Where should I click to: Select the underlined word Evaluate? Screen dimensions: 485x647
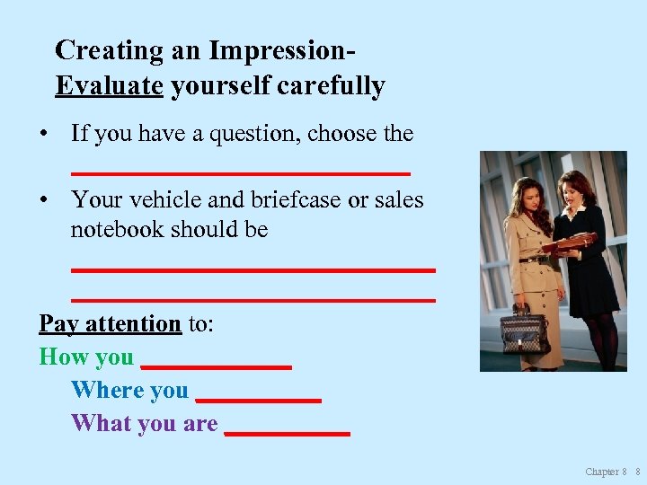tap(109, 86)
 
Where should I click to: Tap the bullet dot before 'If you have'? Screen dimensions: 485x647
tap(43, 135)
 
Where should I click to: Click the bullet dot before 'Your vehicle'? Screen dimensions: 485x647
tap(43, 200)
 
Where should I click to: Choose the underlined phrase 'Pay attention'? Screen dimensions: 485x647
tap(110, 323)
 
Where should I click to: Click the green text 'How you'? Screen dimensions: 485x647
tap(86, 357)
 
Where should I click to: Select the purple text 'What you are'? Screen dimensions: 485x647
tap(144, 423)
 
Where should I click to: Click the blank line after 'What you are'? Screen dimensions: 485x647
tap(287, 434)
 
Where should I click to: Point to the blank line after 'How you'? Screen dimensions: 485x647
tap(217, 367)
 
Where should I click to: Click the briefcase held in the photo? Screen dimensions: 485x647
tap(524, 331)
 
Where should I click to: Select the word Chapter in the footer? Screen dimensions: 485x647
tap(601, 472)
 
